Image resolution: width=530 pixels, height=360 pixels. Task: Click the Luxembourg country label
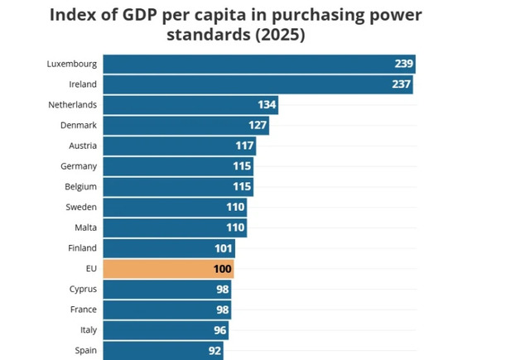click(73, 64)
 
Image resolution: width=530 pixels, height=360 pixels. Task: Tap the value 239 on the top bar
click(403, 65)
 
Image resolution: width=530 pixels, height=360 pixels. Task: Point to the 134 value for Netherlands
click(267, 105)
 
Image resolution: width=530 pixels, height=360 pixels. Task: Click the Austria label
click(83, 146)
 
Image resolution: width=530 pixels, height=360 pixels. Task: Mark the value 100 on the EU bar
click(223, 269)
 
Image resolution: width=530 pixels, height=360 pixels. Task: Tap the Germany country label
click(79, 166)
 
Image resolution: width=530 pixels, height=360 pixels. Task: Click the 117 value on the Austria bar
click(244, 146)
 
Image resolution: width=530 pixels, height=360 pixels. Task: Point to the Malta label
click(85, 228)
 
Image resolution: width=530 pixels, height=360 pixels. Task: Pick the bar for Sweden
click(175, 207)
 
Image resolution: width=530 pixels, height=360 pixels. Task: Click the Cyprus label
click(83, 289)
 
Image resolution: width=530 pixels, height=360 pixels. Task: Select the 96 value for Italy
click(219, 330)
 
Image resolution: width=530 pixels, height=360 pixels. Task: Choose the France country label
click(83, 310)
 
